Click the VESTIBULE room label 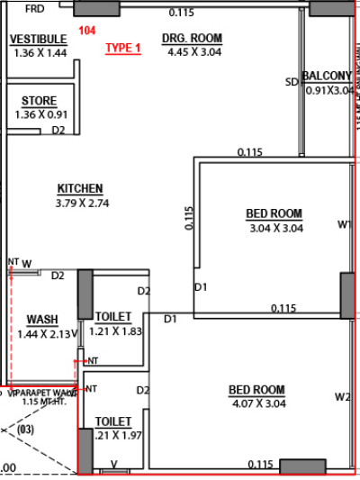38,40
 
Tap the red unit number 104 86,31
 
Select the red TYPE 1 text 123,49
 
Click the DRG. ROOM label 192,39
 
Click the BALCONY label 327,76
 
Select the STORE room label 38,101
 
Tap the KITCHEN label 80,189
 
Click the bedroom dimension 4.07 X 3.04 256,404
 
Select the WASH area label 42,320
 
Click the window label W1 344,225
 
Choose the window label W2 342,397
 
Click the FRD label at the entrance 36,9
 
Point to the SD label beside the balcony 291,83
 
